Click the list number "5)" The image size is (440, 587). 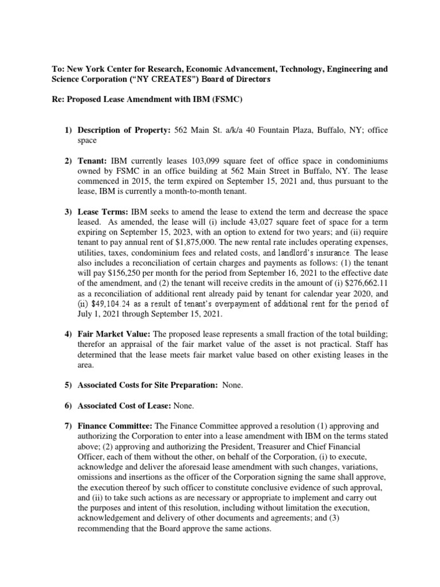pyautogui.click(x=68, y=385)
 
